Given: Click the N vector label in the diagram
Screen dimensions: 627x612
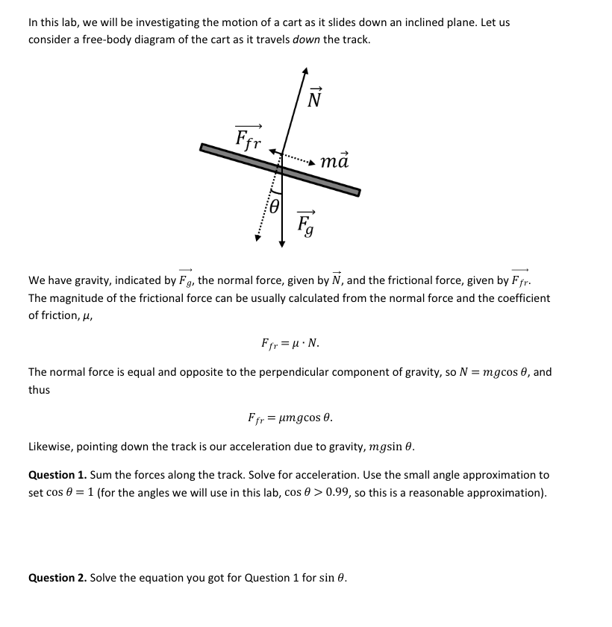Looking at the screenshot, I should coord(314,96).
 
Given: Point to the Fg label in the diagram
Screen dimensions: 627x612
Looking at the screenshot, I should coord(305,221).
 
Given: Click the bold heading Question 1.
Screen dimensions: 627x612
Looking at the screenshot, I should coord(57,475).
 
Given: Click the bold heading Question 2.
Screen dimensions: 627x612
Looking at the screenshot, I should coord(57,578).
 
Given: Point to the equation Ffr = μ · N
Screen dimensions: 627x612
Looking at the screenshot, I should coord(290,344).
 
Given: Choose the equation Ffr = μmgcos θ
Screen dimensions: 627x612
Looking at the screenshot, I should coord(290,418).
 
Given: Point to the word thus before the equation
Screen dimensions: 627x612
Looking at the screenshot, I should coord(40,390).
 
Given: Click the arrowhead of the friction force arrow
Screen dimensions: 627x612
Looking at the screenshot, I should coord(273,151).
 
